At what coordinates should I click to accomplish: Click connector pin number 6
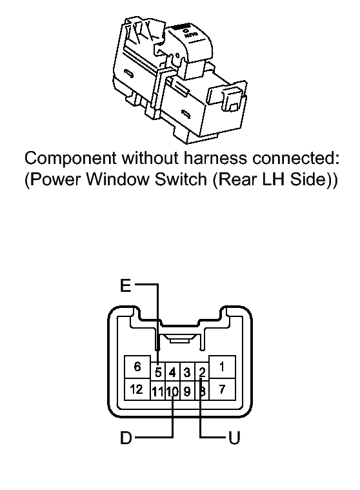click(137, 367)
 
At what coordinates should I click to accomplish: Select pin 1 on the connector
click(222, 367)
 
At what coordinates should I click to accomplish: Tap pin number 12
click(137, 389)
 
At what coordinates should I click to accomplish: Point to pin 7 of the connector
click(222, 389)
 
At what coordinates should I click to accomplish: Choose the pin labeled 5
click(158, 372)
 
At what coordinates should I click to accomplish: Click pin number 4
click(172, 372)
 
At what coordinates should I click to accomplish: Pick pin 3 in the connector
click(187, 372)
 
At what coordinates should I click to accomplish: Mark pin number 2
click(202, 372)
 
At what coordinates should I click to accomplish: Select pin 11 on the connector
click(158, 391)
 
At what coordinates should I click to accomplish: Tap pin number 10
click(172, 391)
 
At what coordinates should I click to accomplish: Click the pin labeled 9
click(187, 391)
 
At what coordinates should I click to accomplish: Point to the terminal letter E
click(126, 285)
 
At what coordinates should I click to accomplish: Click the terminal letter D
click(126, 438)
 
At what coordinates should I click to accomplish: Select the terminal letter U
click(234, 438)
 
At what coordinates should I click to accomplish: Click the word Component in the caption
click(70, 159)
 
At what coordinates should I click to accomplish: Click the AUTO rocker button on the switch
click(189, 41)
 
